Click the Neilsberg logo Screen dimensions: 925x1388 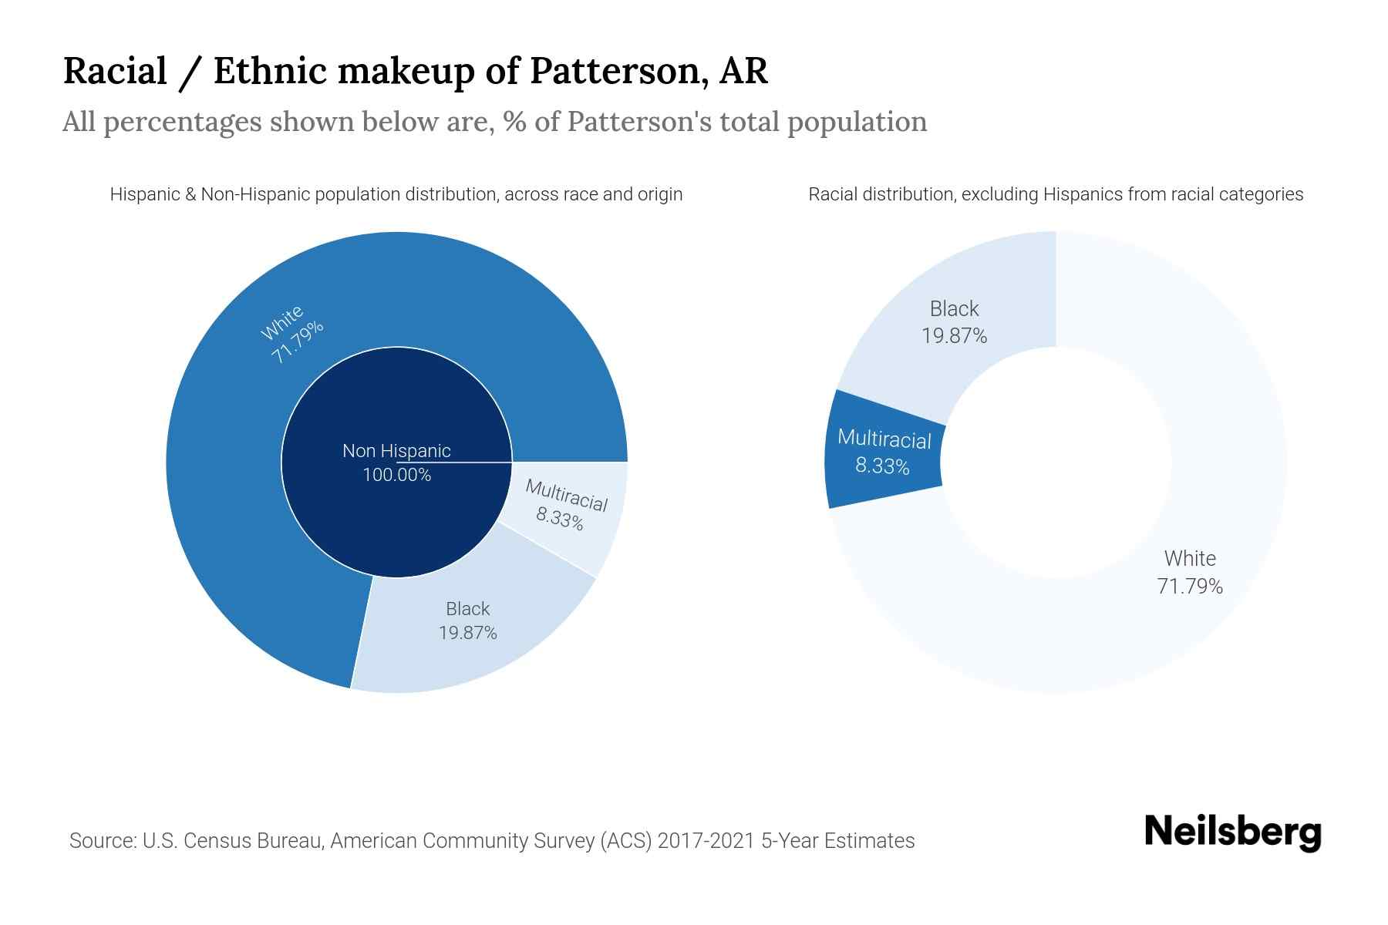[1232, 832]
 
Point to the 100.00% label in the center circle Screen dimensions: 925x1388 [396, 475]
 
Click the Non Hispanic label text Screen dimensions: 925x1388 [396, 451]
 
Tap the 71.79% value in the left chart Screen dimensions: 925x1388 [297, 343]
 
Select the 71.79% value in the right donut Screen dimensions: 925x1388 [1190, 587]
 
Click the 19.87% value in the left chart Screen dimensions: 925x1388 [467, 633]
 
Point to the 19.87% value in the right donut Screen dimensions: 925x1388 [954, 336]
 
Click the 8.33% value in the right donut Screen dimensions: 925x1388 [882, 466]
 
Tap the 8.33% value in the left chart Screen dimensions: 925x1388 [560, 519]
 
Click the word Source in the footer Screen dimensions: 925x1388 [102, 841]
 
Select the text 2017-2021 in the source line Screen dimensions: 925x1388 [706, 841]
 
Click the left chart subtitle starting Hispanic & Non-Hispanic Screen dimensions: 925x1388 [396, 194]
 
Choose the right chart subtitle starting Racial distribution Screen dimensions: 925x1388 [1055, 194]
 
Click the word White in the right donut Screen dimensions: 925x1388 [1190, 559]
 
